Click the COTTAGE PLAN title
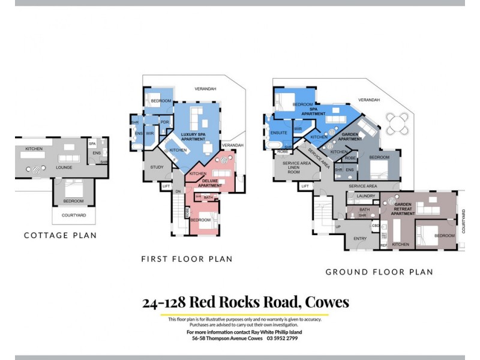coord(60,235)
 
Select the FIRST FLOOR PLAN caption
coord(187,259)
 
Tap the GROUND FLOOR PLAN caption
coord(379,272)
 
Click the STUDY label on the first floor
coord(157,167)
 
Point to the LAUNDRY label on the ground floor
coord(365,196)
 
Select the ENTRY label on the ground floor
coord(360,238)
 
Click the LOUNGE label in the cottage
coord(64,160)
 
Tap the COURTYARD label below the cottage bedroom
coord(73,215)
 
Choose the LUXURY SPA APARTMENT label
coord(193,136)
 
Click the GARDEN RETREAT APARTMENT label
coord(403,209)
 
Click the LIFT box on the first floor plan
coord(166,186)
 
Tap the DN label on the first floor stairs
coord(178,191)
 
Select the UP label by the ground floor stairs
coord(338,227)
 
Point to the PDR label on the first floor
coord(164,118)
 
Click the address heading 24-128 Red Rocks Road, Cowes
coord(245,302)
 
